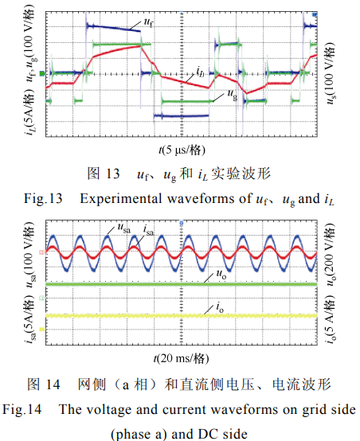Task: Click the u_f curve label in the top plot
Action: [x=149, y=22]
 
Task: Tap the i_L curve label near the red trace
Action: [x=200, y=72]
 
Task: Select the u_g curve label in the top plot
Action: [x=233, y=94]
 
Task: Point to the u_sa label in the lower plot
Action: [x=123, y=228]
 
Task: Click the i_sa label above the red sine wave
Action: [x=149, y=230]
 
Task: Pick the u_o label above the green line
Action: [x=221, y=274]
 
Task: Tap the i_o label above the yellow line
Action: [x=220, y=307]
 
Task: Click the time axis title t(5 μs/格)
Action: [x=182, y=150]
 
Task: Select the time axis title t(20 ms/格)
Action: [x=182, y=358]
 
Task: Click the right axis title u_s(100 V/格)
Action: [x=331, y=73]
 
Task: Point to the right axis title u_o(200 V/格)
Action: [x=331, y=255]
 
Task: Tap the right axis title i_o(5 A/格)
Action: [x=331, y=319]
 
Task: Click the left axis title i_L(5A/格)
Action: [x=29, y=112]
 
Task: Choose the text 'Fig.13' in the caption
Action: [x=43, y=198]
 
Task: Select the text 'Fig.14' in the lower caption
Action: [x=22, y=409]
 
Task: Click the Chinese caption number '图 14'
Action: [x=43, y=384]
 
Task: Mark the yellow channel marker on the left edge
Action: [x=42, y=329]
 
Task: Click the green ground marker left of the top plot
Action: [x=42, y=74]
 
